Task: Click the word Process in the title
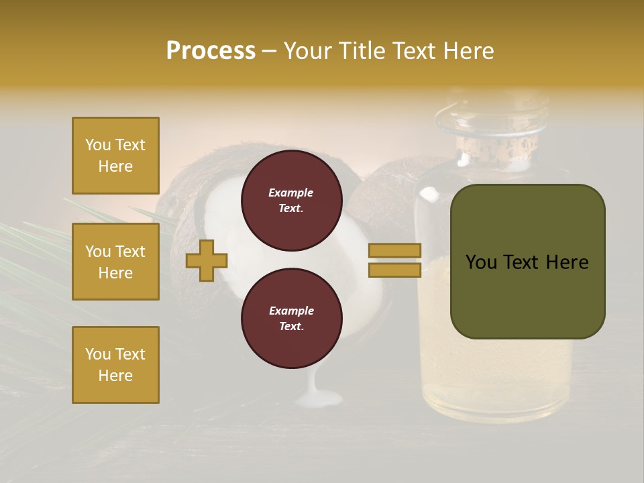[x=211, y=51]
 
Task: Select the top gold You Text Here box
[x=115, y=156]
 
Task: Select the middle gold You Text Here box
[x=115, y=262]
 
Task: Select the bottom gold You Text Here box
[x=115, y=365]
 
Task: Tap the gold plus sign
[x=207, y=260]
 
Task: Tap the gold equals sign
[x=394, y=260]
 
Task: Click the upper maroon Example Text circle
[x=291, y=201]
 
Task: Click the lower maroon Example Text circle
[x=291, y=319]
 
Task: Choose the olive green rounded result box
[x=527, y=262]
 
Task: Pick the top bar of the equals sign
[x=394, y=250]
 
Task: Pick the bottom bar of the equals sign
[x=394, y=270]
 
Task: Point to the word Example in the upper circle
[x=291, y=193]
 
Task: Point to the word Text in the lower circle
[x=290, y=327]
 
